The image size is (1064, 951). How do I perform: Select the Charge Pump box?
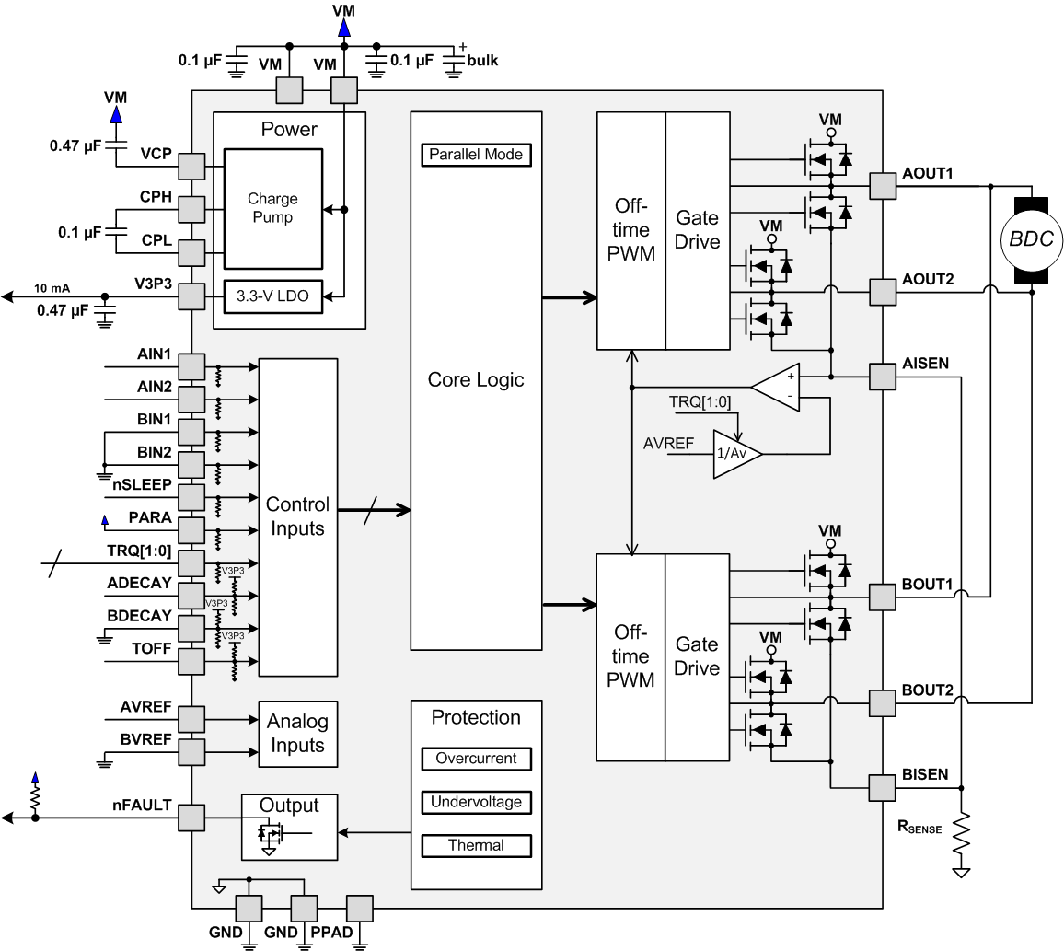(x=272, y=209)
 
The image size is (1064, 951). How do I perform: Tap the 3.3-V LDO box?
(x=273, y=298)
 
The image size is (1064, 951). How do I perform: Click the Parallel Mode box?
(x=476, y=155)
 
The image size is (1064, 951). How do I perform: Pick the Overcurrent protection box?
(x=476, y=759)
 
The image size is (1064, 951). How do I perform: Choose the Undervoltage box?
(x=476, y=802)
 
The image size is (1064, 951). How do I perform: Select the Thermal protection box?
(x=476, y=845)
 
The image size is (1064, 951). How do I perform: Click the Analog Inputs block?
(x=297, y=734)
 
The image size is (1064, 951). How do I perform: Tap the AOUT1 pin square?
(x=882, y=187)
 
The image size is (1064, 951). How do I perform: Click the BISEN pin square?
(x=882, y=788)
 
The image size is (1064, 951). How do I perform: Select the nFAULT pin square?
(x=191, y=818)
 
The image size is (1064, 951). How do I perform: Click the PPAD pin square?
(x=359, y=909)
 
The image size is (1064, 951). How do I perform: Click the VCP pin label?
(x=156, y=154)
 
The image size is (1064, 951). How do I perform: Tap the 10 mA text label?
(x=52, y=286)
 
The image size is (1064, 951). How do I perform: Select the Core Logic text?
(x=476, y=379)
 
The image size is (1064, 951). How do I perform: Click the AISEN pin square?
(x=882, y=377)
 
